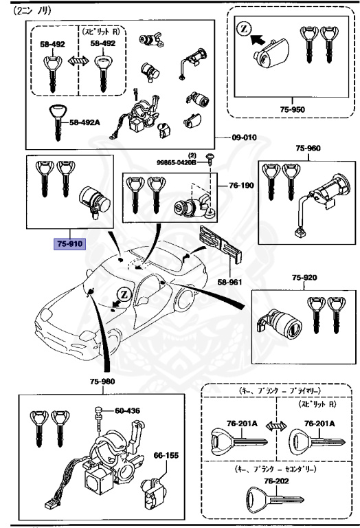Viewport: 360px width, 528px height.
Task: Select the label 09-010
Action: [242, 137]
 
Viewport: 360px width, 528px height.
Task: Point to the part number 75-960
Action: [308, 148]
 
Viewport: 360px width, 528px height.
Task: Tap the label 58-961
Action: [231, 282]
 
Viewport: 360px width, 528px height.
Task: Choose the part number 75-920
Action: [306, 278]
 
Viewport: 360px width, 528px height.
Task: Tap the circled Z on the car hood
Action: [124, 295]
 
